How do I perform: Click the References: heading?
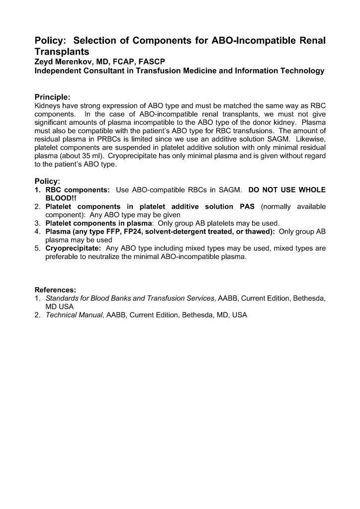(x=55, y=290)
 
